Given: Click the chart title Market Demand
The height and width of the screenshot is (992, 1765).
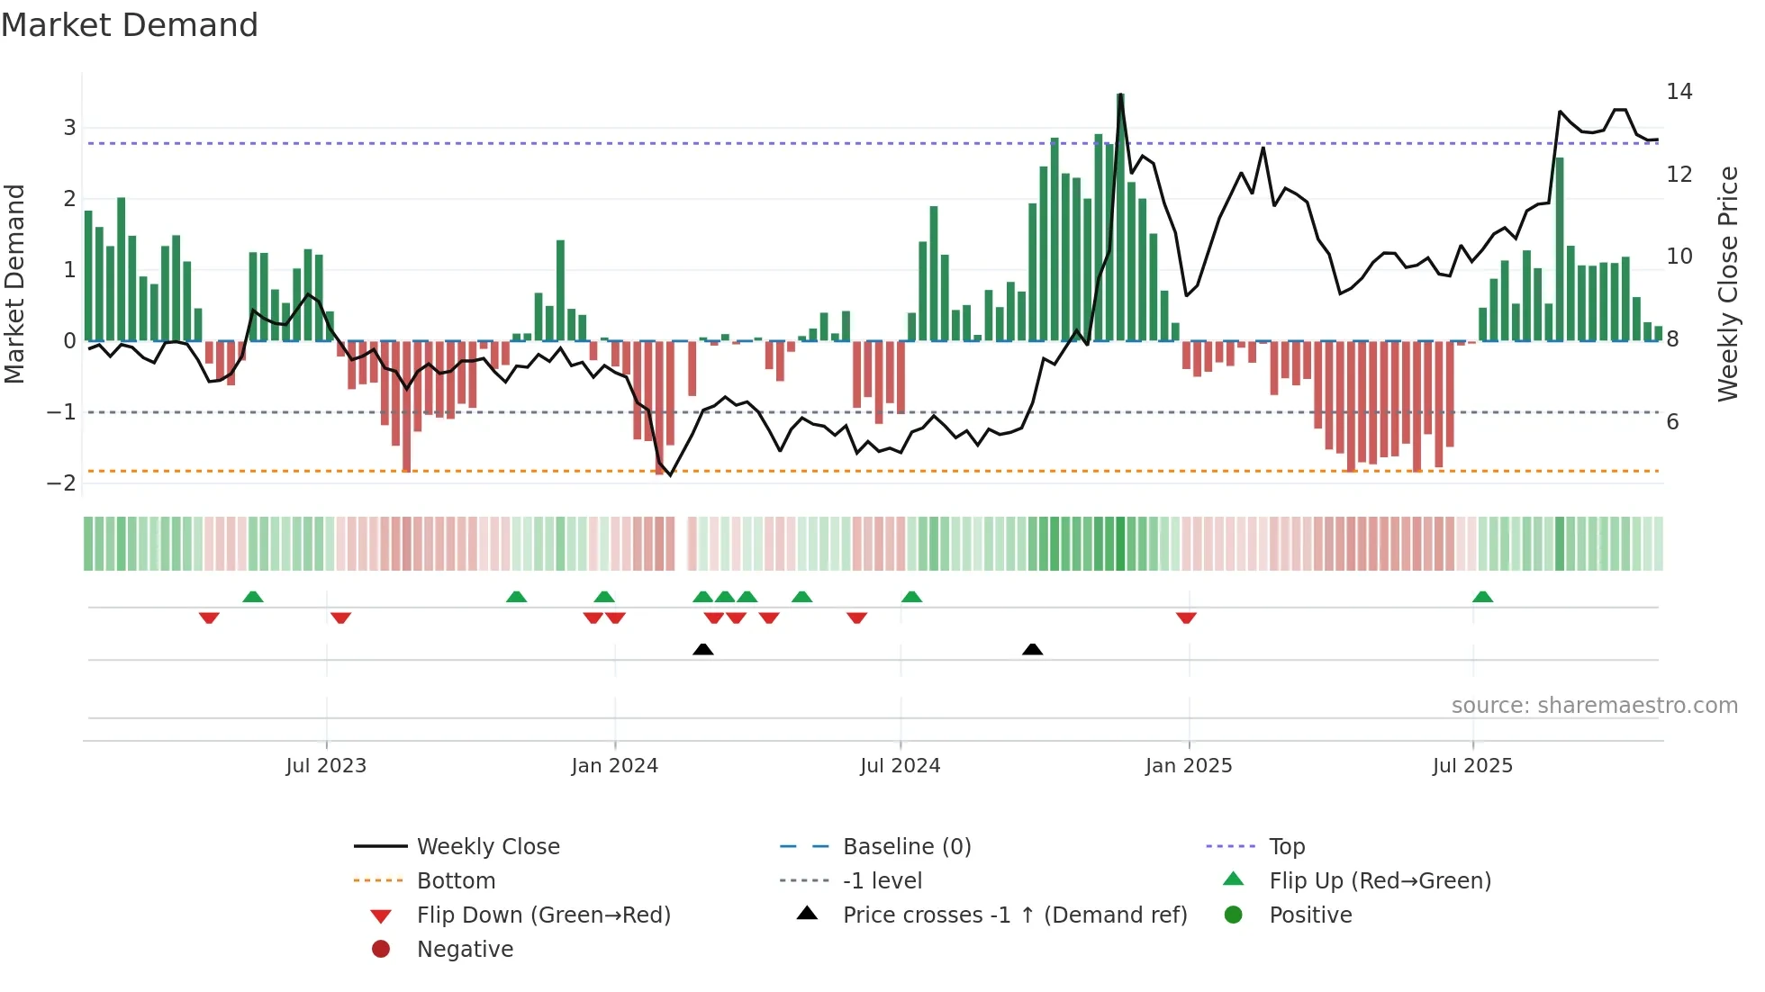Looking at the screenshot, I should pos(130,25).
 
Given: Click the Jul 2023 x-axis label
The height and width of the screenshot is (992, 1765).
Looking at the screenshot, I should pos(326,766).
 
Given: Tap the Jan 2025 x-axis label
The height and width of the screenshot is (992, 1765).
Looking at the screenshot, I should pos(1189,766).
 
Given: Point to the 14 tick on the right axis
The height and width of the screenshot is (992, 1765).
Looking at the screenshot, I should pos(1679,92).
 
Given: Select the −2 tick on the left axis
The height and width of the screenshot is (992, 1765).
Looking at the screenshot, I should pos(61,483).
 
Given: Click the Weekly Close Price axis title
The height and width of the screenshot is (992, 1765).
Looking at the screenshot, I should pos(1727,284).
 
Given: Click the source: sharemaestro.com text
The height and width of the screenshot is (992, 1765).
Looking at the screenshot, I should pos(1594,706).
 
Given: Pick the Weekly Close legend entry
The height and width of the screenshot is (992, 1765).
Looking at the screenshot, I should pos(487,847).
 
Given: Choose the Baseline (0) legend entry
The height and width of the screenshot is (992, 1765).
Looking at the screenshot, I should pos(906,847).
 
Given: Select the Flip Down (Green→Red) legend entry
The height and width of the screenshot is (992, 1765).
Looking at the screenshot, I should pos(543,915).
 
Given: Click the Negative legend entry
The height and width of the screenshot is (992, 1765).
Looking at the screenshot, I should pos(465,950).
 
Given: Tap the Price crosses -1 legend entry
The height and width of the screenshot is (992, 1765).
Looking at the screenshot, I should pos(1014,915).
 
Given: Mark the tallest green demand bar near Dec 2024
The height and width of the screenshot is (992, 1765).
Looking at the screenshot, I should pos(1120,216).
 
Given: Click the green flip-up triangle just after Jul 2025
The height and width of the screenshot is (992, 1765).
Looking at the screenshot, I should pos(1482,597).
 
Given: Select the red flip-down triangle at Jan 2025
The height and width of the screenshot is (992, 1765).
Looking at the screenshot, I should pos(1186,618).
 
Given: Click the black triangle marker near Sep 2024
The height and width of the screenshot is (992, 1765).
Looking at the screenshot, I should pos(1033,649).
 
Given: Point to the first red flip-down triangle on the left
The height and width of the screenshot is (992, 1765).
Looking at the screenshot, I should pos(209,618).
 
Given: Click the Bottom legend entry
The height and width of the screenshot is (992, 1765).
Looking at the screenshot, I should pos(456,881).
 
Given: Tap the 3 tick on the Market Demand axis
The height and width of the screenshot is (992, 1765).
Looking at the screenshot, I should pos(69,128).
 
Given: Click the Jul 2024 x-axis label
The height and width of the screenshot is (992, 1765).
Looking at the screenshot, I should pos(900,766).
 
